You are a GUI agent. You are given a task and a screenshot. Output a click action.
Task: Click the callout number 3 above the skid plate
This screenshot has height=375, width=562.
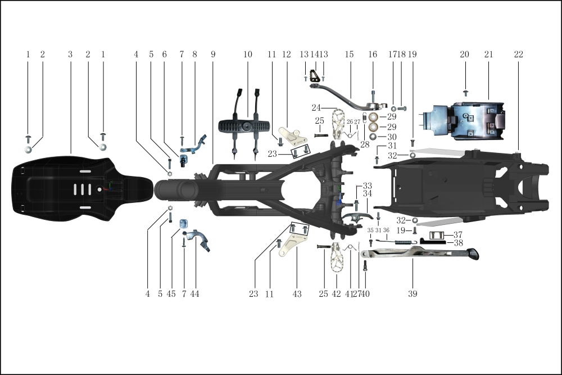pyautogui.click(x=70, y=55)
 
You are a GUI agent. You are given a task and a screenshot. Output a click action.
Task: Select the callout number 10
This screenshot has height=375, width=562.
pyautogui.click(x=248, y=55)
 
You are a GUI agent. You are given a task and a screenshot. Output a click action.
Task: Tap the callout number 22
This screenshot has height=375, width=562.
pyautogui.click(x=518, y=55)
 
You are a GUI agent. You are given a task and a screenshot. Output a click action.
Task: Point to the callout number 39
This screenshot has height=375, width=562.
pyautogui.click(x=413, y=293)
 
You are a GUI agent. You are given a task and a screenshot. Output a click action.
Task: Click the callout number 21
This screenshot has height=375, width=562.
pyautogui.click(x=488, y=55)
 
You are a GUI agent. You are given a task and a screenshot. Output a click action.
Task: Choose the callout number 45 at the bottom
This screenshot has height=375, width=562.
pyautogui.click(x=171, y=293)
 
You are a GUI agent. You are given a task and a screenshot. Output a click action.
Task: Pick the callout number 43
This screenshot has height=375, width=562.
pyautogui.click(x=297, y=293)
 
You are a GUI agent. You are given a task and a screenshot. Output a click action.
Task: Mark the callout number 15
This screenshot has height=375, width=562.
pyautogui.click(x=349, y=55)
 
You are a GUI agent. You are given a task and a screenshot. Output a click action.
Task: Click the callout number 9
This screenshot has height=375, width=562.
pyautogui.click(x=213, y=55)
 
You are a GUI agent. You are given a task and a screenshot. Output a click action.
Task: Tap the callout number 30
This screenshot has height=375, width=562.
pyautogui.click(x=392, y=137)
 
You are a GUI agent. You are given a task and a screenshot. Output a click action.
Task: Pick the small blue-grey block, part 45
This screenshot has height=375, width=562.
pyautogui.click(x=183, y=224)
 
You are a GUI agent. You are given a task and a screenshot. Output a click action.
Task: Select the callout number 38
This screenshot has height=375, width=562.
pyautogui.click(x=458, y=243)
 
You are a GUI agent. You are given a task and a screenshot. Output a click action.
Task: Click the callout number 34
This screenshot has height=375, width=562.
pyautogui.click(x=368, y=194)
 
